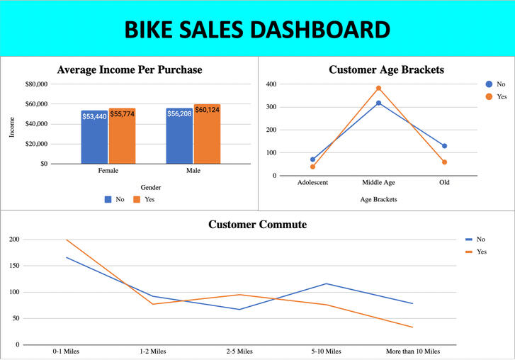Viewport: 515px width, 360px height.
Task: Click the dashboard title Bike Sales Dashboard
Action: click(257, 29)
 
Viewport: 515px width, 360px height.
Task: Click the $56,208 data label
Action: click(179, 113)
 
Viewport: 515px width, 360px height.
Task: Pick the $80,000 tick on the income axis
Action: click(36, 84)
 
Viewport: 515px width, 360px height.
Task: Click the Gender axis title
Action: click(150, 188)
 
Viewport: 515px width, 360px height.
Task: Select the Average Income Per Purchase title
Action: click(130, 69)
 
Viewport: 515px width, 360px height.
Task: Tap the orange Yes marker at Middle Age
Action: click(378, 89)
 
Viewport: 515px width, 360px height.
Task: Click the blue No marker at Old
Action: click(444, 146)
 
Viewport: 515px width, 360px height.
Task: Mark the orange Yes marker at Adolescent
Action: click(312, 167)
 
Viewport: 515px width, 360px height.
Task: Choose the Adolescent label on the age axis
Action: click(312, 183)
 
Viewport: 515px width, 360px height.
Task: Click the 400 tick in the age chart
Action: click(271, 84)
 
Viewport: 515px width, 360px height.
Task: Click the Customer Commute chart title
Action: click(257, 225)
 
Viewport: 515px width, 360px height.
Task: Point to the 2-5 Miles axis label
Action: click(239, 351)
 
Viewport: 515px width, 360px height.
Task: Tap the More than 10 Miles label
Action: click(412, 351)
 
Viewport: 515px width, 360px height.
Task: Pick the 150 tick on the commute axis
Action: click(14, 266)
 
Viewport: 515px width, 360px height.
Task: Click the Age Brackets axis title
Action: click(378, 199)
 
